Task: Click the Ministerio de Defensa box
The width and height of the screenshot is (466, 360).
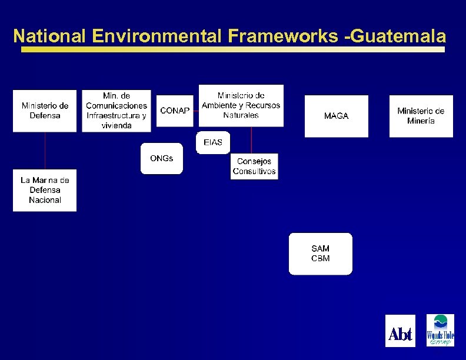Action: (45, 111)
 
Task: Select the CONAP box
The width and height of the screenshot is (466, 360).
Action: (175, 111)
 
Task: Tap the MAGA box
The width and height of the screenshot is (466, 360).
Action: (336, 116)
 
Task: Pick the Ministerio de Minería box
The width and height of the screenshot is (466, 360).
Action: (421, 116)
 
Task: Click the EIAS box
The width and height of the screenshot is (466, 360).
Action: (212, 143)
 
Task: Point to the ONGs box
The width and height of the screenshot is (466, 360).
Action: (161, 158)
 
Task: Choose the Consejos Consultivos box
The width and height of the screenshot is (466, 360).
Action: (254, 166)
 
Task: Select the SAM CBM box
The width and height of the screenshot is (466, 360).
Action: (320, 254)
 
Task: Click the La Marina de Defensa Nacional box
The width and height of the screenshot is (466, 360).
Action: (45, 190)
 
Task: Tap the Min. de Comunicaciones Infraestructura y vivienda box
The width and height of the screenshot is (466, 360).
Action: (116, 111)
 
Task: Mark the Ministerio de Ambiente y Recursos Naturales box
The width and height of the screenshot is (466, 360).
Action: (241, 105)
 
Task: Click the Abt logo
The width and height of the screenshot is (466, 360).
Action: (400, 331)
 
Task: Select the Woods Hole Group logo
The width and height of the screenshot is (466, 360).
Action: (440, 331)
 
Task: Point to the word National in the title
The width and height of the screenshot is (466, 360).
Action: (49, 36)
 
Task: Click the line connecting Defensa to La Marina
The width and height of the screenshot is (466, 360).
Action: (45, 151)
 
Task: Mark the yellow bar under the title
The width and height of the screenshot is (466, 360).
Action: (233, 50)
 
